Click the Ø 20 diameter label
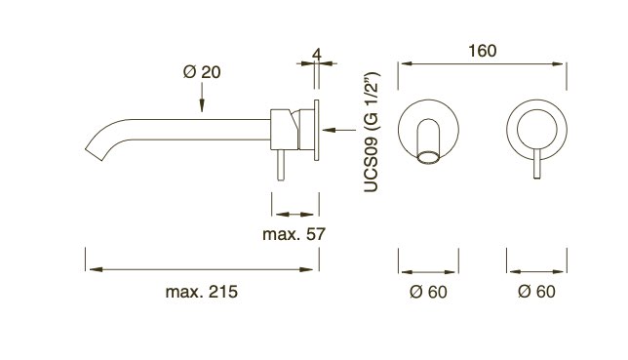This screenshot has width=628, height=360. pos(202,72)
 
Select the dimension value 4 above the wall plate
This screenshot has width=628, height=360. pos(318,55)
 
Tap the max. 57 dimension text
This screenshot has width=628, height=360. pos(294,234)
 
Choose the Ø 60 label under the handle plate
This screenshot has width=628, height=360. pos(537,292)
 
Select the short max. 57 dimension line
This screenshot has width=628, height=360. pos(294,212)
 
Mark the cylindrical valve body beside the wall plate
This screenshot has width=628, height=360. pos(293,127)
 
